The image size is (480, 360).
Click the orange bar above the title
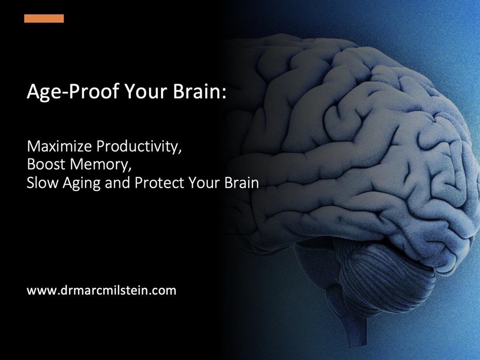click(x=44, y=18)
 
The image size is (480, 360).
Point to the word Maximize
click(x=60, y=146)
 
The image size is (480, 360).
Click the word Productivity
click(x=137, y=147)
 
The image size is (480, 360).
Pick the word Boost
click(x=46, y=164)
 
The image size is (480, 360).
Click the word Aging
click(x=81, y=183)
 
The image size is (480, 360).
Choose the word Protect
click(x=159, y=182)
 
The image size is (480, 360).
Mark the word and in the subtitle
click(x=118, y=182)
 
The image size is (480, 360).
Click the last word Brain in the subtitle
click(x=242, y=182)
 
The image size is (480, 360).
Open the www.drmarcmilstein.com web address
click(x=102, y=290)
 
